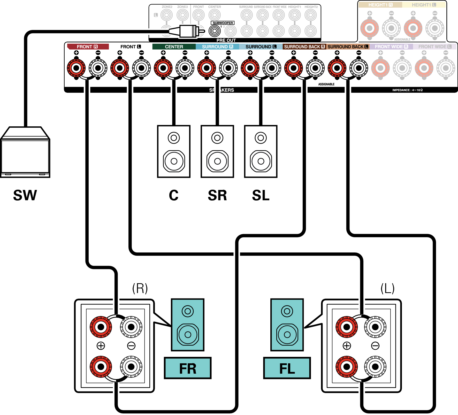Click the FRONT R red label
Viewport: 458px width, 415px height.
point(88,47)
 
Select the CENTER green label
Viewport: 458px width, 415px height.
point(174,47)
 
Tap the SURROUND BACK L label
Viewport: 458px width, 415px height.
point(348,47)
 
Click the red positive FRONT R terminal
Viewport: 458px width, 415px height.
point(76,68)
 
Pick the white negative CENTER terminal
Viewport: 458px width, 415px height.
point(185,68)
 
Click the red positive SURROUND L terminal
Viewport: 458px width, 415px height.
point(250,68)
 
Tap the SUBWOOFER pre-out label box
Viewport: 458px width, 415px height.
point(223,23)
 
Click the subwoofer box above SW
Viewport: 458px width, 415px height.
point(25,152)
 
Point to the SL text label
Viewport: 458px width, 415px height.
point(261,195)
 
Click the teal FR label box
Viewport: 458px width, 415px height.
point(188,368)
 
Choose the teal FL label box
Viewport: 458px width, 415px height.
point(287,368)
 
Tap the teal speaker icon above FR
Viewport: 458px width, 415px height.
point(188,325)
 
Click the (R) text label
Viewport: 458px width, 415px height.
point(140,288)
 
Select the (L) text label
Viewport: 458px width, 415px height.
point(387,288)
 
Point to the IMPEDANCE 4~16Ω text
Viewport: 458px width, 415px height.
point(407,90)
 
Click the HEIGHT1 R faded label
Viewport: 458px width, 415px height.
point(380,5)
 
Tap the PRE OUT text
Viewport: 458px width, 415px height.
point(226,40)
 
